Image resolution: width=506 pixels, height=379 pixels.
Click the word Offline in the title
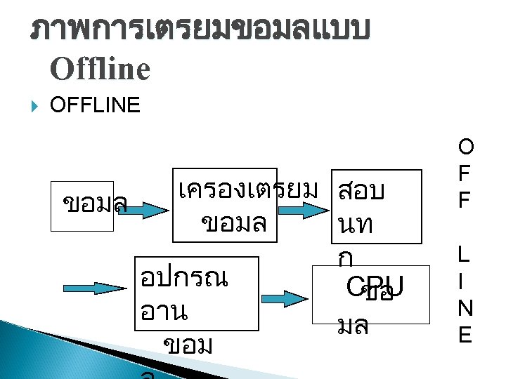100,69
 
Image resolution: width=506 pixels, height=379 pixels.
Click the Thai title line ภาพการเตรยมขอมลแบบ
200,31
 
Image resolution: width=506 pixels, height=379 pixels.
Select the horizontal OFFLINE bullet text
96,106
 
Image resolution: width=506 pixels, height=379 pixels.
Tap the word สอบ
361,190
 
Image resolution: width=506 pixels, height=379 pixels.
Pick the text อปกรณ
183,278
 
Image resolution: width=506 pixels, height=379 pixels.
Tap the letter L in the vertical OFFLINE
465,253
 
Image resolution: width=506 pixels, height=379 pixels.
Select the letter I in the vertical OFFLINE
465,281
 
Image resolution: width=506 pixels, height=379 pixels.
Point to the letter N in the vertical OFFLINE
465,308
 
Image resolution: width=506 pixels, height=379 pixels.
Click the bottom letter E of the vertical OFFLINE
465,335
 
